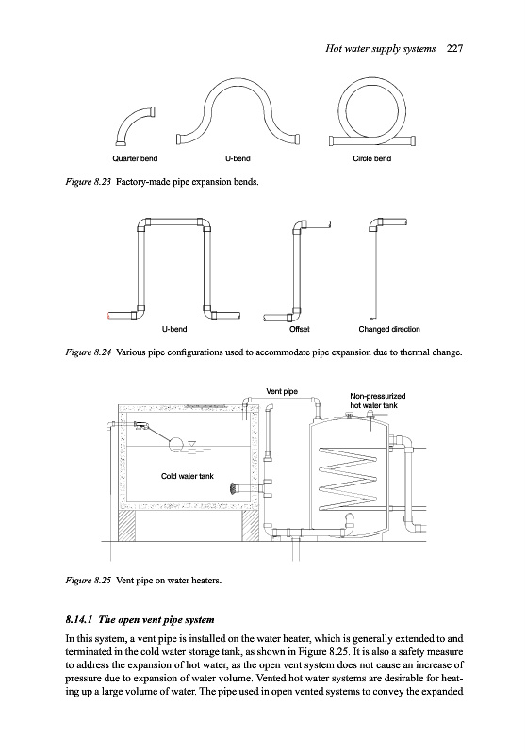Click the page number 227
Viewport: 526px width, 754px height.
click(x=454, y=48)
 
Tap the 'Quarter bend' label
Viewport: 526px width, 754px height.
click(x=135, y=158)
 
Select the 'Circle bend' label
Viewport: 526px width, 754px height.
click(x=371, y=158)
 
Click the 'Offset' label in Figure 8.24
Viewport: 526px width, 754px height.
click(x=299, y=329)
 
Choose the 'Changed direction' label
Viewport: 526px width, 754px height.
click(x=389, y=329)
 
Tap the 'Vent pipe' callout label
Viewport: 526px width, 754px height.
click(x=282, y=391)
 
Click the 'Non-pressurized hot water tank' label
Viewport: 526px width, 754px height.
click(x=377, y=401)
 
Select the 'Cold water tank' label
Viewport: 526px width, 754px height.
click(x=187, y=476)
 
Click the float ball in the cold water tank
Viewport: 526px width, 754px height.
click(x=175, y=443)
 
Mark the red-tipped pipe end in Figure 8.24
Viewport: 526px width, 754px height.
click(x=108, y=316)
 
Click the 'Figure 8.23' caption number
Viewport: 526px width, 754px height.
click(x=89, y=182)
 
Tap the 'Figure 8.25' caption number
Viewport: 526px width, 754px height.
click(x=89, y=580)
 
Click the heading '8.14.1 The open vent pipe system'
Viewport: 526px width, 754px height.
click(x=140, y=619)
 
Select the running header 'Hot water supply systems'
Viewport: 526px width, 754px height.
click(x=380, y=49)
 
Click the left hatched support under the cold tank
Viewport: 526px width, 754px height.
click(x=127, y=526)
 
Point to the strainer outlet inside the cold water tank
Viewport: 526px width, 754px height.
click(x=233, y=488)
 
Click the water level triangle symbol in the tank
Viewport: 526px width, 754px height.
click(x=192, y=444)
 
